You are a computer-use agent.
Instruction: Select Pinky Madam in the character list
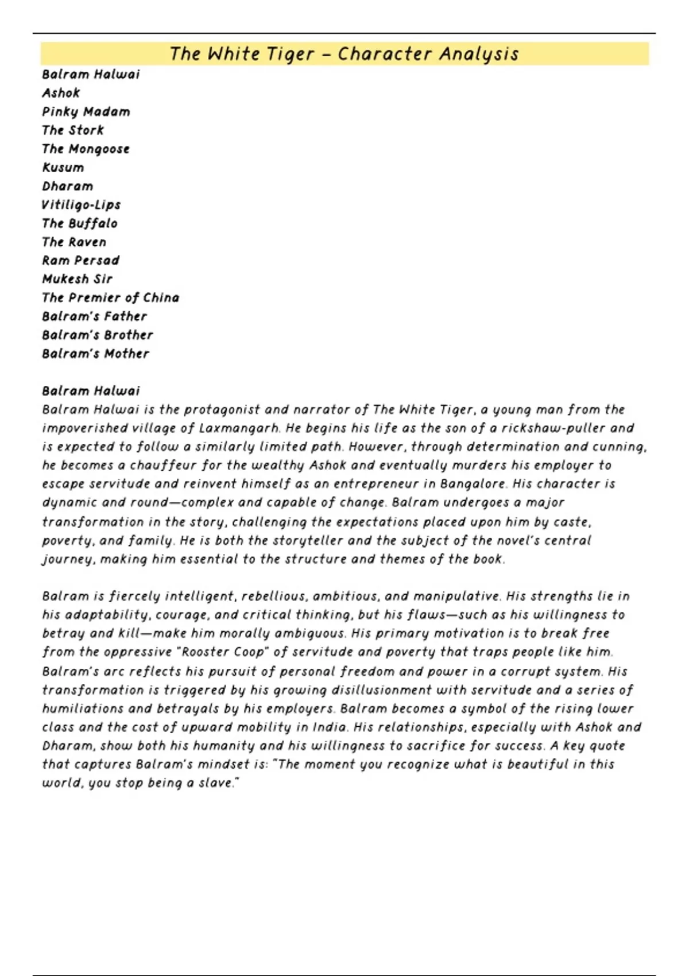pyautogui.click(x=86, y=112)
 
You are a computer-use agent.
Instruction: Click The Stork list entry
pyautogui.click(x=73, y=130)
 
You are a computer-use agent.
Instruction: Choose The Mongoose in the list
pyautogui.click(x=86, y=149)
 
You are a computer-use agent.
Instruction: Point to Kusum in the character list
pyautogui.click(x=63, y=168)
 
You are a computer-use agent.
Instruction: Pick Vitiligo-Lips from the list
pyautogui.click(x=81, y=205)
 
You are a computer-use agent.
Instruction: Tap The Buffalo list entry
pyautogui.click(x=80, y=223)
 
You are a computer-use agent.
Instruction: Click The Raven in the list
pyautogui.click(x=74, y=242)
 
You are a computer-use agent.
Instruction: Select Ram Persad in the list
pyautogui.click(x=81, y=261)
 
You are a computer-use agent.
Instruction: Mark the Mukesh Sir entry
pyautogui.click(x=78, y=279)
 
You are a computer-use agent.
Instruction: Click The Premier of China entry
pyautogui.click(x=111, y=298)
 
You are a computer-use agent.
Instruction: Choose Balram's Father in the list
pyautogui.click(x=95, y=316)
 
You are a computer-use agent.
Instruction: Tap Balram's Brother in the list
pyautogui.click(x=98, y=335)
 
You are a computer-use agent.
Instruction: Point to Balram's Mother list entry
pyautogui.click(x=96, y=354)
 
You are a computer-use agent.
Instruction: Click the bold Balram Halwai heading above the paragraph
pyautogui.click(x=91, y=391)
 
